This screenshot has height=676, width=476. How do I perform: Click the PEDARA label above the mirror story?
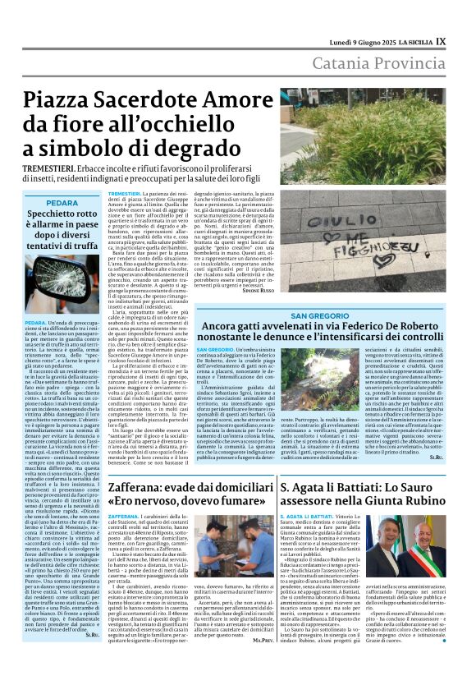[62, 202]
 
